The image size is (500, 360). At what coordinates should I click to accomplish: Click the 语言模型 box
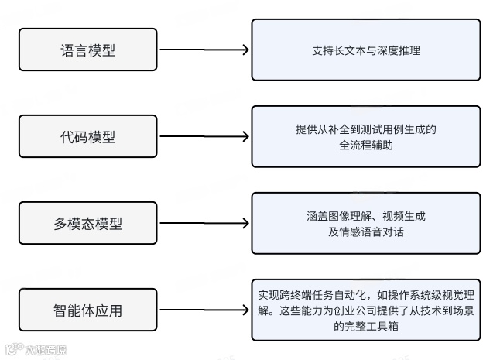point(87,50)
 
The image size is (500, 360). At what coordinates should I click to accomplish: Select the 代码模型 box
point(87,137)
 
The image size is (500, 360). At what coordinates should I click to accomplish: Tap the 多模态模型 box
point(87,224)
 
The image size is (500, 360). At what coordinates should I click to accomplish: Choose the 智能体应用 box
point(87,310)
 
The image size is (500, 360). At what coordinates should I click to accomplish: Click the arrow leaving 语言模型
point(204,50)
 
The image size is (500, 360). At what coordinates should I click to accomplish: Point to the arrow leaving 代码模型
point(204,137)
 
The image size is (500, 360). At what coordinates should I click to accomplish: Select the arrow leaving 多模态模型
point(204,224)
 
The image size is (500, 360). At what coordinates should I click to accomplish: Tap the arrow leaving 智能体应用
point(204,310)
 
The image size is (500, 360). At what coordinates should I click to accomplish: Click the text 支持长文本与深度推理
point(366,51)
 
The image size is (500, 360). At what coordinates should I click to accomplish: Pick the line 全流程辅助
point(365,145)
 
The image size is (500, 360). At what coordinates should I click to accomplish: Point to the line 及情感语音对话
point(365,231)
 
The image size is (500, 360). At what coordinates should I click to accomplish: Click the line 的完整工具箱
point(366,326)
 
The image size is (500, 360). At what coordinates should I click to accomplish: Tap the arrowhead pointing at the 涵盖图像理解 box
point(245,224)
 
